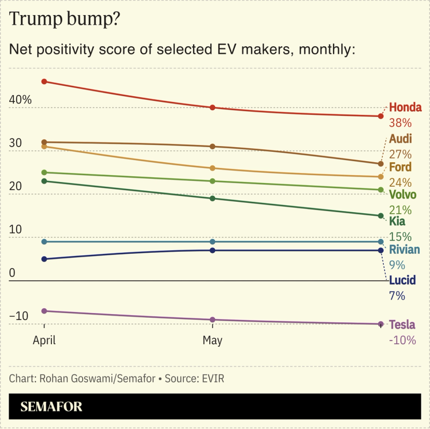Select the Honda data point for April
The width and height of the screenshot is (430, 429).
pyautogui.click(x=44, y=82)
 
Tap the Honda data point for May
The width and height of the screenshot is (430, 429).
pyautogui.click(x=212, y=108)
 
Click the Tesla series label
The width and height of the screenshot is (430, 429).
pyautogui.click(x=402, y=325)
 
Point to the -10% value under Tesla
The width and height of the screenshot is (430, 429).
pyautogui.click(x=402, y=341)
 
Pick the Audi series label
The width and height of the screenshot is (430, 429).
pyautogui.click(x=400, y=139)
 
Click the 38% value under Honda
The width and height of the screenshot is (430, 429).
pyautogui.click(x=400, y=123)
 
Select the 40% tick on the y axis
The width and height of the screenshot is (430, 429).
pyautogui.click(x=22, y=99)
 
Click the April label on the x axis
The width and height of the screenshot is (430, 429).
pyautogui.click(x=44, y=341)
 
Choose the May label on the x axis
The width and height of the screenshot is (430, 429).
pyautogui.click(x=212, y=341)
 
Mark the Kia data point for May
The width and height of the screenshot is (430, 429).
pyautogui.click(x=212, y=199)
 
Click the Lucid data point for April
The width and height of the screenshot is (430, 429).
pyautogui.click(x=44, y=259)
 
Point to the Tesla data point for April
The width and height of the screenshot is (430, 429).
pyautogui.click(x=44, y=311)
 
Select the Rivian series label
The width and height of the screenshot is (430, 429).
pyautogui.click(x=404, y=250)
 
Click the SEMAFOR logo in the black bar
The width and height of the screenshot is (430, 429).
pyautogui.click(x=51, y=407)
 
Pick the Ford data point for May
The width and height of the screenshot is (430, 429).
pyautogui.click(x=212, y=168)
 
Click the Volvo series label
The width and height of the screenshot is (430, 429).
pyautogui.click(x=402, y=195)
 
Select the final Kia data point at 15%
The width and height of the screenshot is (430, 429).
pyautogui.click(x=381, y=216)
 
